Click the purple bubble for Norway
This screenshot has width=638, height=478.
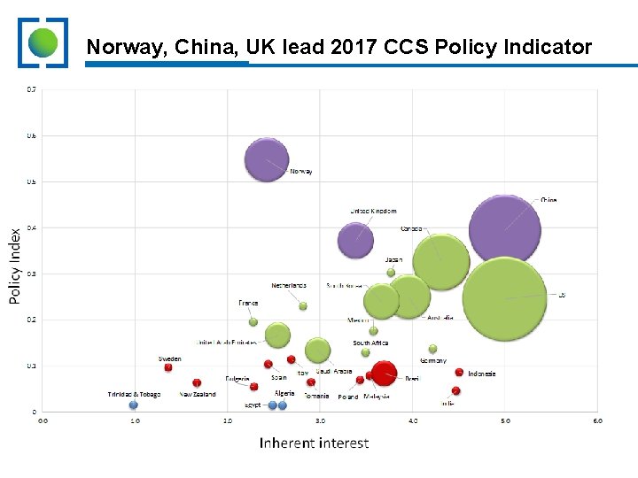point(267,160)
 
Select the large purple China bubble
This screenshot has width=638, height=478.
point(504,230)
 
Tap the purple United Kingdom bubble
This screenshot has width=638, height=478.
point(356,239)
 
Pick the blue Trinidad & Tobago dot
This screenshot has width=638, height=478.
point(134,405)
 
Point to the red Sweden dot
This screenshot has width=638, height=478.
point(168,367)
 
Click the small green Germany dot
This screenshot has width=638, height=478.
point(432,349)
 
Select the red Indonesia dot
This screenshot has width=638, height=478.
point(459,373)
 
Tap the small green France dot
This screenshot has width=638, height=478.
point(253,321)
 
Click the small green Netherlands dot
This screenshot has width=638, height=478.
point(303,306)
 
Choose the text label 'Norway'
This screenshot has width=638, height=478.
point(301,172)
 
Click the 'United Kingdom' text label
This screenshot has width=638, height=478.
point(373,212)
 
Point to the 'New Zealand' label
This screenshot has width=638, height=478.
point(198,395)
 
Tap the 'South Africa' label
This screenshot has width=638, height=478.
point(370,343)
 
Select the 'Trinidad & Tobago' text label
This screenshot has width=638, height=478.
point(134,395)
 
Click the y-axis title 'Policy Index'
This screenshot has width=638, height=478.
point(15,266)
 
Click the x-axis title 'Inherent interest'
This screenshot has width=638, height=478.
point(315,443)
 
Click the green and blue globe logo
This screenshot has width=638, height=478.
point(43,42)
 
